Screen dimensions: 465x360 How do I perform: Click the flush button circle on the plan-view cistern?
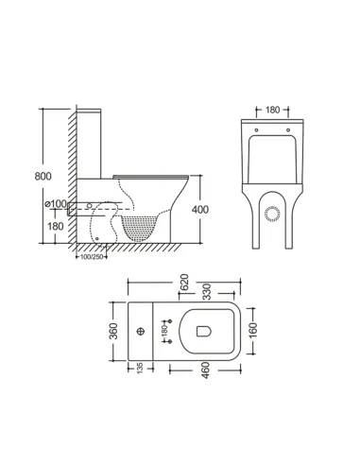coord(138,332)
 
